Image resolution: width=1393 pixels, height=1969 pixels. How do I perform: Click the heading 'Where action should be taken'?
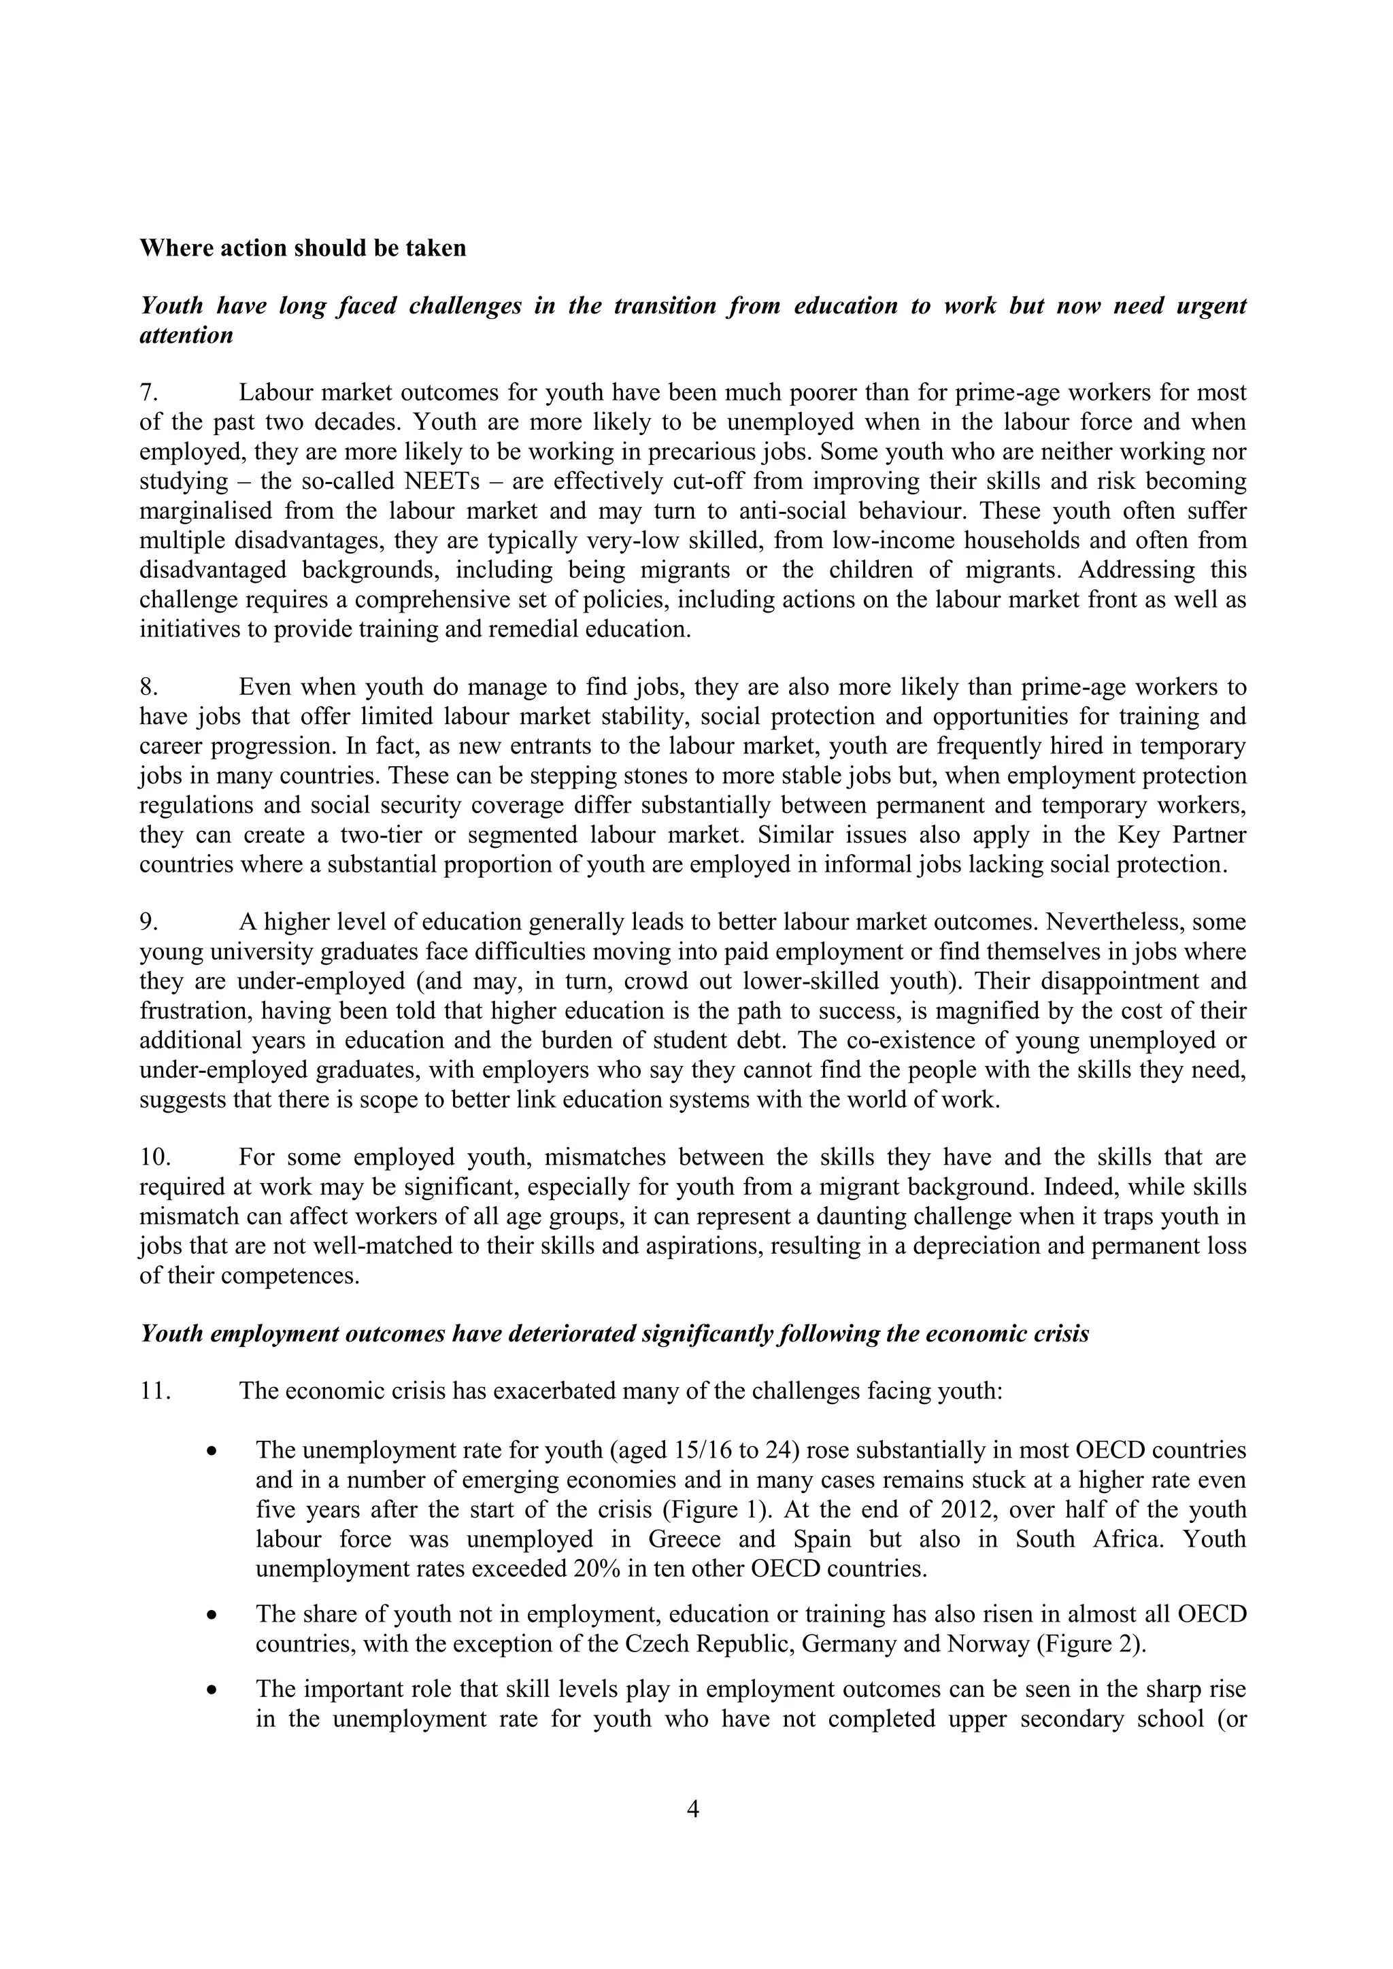[x=303, y=249]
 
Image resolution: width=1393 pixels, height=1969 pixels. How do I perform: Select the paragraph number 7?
[x=149, y=393]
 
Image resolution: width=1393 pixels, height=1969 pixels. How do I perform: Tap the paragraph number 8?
[x=149, y=687]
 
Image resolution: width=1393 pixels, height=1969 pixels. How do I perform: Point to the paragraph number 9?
[x=149, y=922]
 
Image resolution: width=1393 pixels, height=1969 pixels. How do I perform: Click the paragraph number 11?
[x=155, y=1391]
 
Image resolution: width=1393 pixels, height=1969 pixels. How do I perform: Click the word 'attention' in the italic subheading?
[x=186, y=335]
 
